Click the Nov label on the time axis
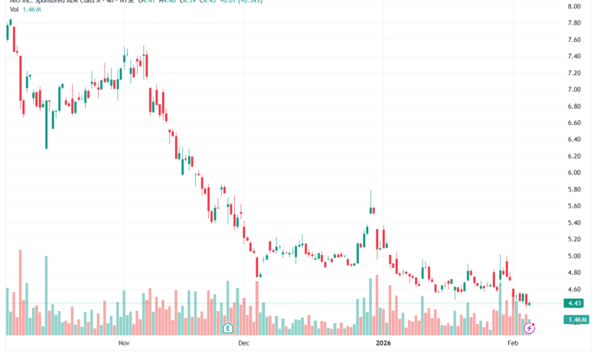point(125,345)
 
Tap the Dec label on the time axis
point(244,345)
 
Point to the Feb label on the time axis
point(514,345)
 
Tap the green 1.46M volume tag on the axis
point(576,319)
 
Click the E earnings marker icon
point(227,329)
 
